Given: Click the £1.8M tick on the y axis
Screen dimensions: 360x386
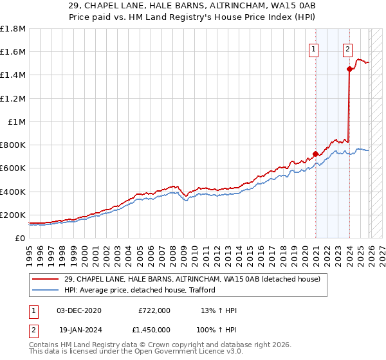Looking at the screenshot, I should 13,29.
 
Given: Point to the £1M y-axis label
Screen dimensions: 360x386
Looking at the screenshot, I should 17,122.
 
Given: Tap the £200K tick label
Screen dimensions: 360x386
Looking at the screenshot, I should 13,215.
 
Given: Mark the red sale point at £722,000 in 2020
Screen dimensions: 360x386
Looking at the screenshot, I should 316,154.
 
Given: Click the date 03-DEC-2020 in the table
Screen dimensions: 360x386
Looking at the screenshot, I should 79,310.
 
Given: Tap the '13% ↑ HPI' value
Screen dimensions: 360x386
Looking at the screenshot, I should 219,310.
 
